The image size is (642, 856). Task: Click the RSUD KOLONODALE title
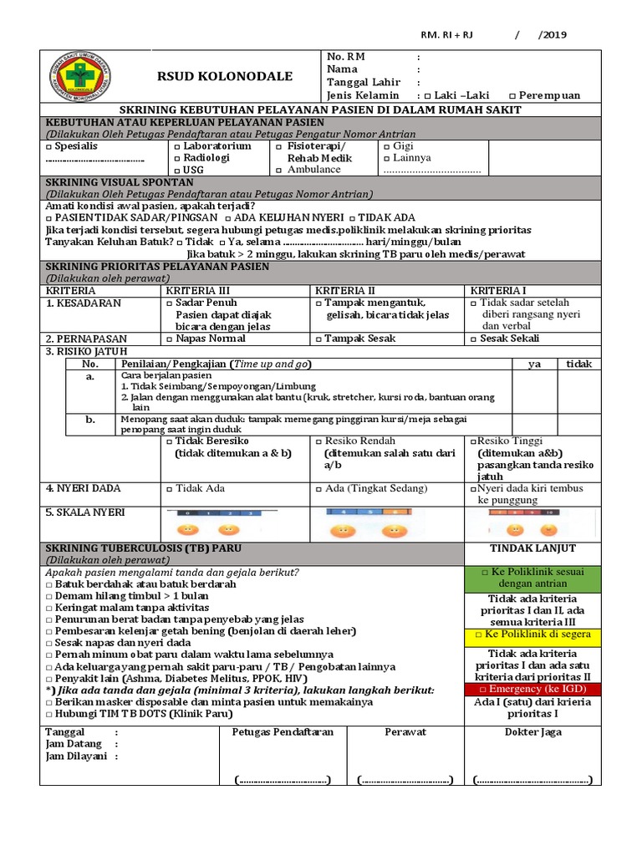coord(225,77)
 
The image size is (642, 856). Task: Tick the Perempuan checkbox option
coord(544,95)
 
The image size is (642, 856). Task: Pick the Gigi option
coord(397,145)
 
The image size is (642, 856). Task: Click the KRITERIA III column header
coord(195,290)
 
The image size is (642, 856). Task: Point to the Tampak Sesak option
coord(355,339)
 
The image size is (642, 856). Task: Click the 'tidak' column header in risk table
coord(578,364)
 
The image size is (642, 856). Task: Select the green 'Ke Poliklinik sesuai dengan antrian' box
coord(532,578)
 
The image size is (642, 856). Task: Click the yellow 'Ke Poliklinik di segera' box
coord(532,634)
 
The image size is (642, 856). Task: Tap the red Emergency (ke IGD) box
coord(532,689)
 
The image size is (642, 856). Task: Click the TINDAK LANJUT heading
coord(532,548)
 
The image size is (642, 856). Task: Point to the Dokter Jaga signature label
coord(532,731)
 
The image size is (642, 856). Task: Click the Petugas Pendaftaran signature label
coord(283,731)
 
